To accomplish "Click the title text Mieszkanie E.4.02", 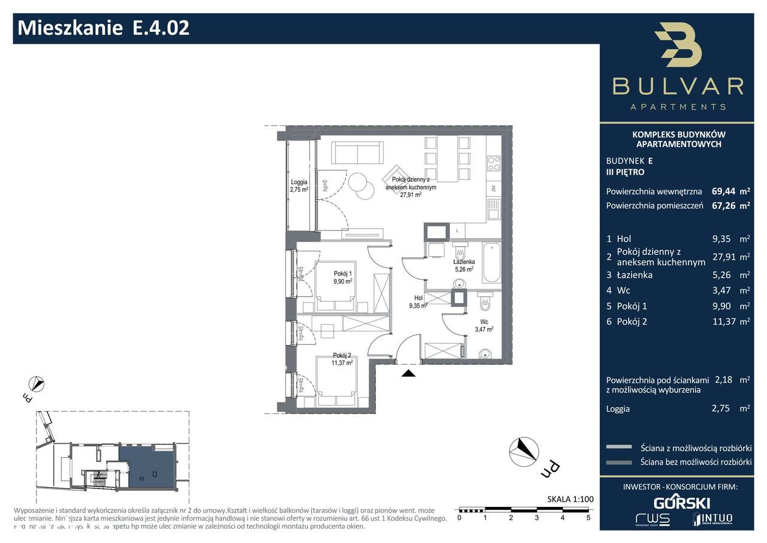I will click(x=104, y=28).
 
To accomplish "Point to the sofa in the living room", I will click(x=357, y=152).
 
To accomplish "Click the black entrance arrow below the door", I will click(x=408, y=373).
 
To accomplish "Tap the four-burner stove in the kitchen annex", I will click(x=494, y=163).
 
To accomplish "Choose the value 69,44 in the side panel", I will click(x=723, y=192).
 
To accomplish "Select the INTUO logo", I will click(x=712, y=518).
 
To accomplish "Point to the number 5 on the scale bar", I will click(x=588, y=517).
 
